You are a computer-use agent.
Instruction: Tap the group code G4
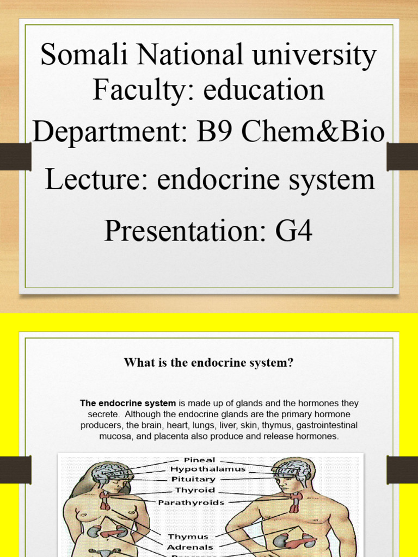(x=294, y=231)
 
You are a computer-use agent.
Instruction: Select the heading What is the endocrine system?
(x=208, y=363)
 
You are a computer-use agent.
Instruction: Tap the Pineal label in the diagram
(x=199, y=460)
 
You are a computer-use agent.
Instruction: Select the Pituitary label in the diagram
(x=194, y=479)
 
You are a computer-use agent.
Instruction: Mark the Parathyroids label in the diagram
(x=191, y=503)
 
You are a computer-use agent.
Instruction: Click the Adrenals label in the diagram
(x=190, y=547)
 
